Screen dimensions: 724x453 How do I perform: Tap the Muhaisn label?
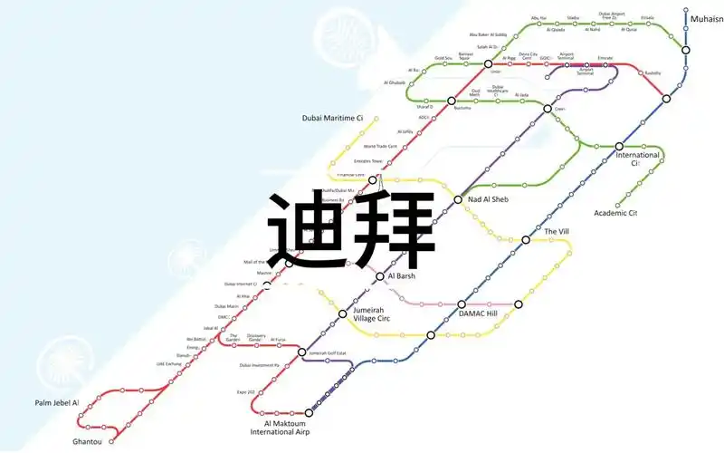(x=706, y=18)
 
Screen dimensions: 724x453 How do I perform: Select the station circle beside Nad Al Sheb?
(x=459, y=199)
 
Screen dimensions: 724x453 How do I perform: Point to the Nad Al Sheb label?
(x=488, y=199)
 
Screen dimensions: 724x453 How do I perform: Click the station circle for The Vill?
(x=526, y=240)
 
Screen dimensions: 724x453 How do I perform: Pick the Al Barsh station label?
(x=400, y=275)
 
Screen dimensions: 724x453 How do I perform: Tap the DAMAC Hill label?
(x=478, y=313)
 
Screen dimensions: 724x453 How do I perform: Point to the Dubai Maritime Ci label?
(x=332, y=118)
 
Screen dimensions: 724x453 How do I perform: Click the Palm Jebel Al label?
(x=57, y=401)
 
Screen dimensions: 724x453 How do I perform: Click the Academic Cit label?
(x=615, y=213)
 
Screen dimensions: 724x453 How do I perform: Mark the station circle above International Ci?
(x=620, y=146)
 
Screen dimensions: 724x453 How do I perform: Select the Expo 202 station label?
(x=247, y=392)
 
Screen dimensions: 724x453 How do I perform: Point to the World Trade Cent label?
(x=380, y=146)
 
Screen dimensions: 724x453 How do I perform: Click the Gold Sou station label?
(x=443, y=58)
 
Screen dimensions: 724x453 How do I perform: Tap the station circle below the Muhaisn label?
(x=686, y=50)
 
